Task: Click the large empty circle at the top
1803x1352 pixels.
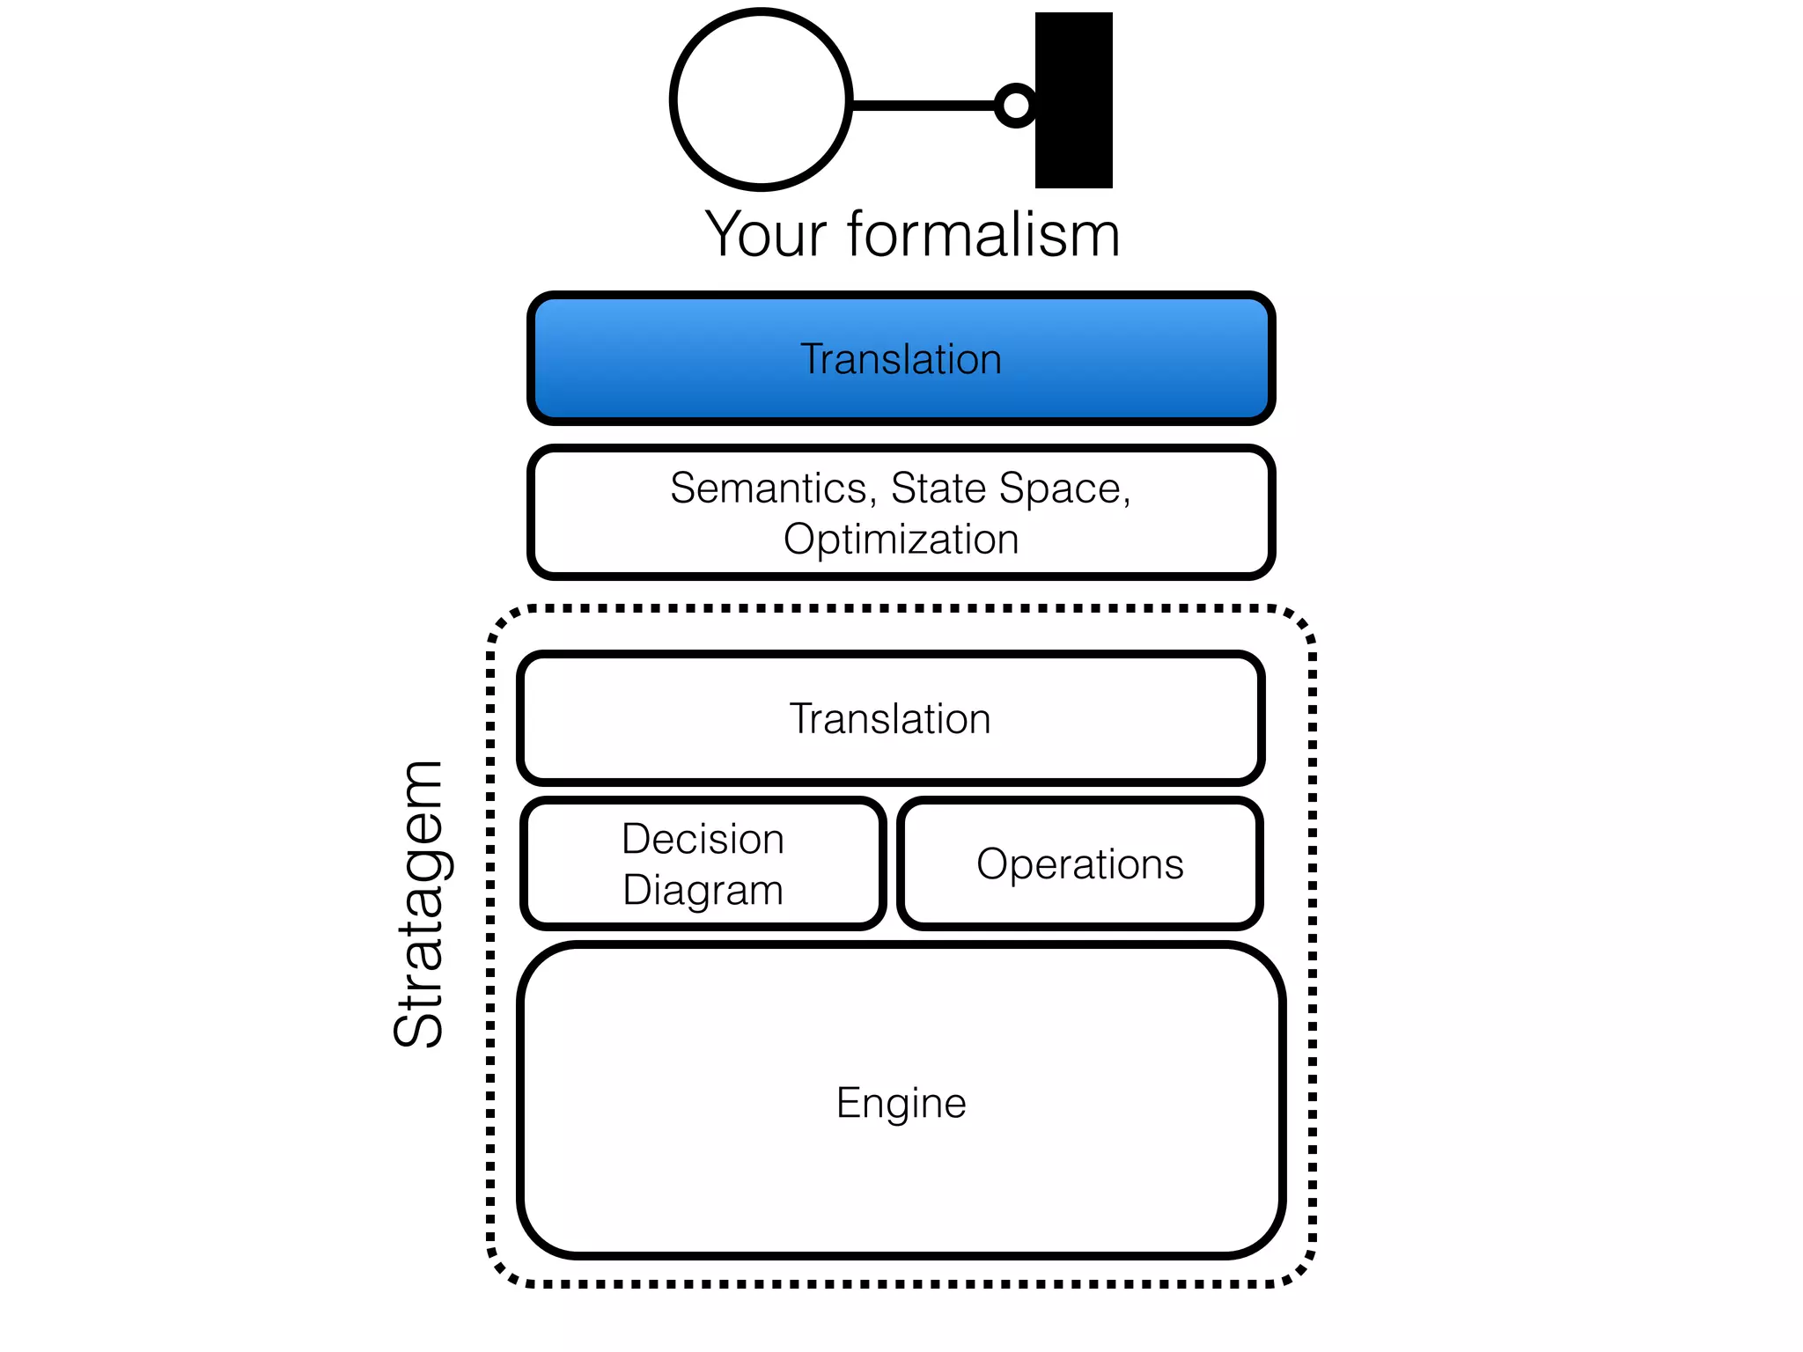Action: (761, 99)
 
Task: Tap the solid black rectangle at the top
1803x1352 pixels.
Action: (1073, 99)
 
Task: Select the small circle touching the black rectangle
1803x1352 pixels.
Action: (1016, 105)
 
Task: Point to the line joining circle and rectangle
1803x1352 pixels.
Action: (923, 105)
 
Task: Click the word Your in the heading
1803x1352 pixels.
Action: (765, 235)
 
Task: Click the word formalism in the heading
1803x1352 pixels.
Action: (983, 235)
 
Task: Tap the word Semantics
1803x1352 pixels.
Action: (769, 488)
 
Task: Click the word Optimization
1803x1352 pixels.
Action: (901, 539)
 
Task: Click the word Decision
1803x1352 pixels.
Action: (702, 838)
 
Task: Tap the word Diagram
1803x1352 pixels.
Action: (702, 890)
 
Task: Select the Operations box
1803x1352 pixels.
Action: (1079, 863)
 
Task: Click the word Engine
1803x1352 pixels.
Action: (901, 1103)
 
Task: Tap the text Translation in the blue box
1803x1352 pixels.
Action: (901, 359)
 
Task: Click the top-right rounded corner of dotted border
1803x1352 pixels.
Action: (1301, 621)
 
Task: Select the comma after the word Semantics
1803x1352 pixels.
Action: (873, 503)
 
